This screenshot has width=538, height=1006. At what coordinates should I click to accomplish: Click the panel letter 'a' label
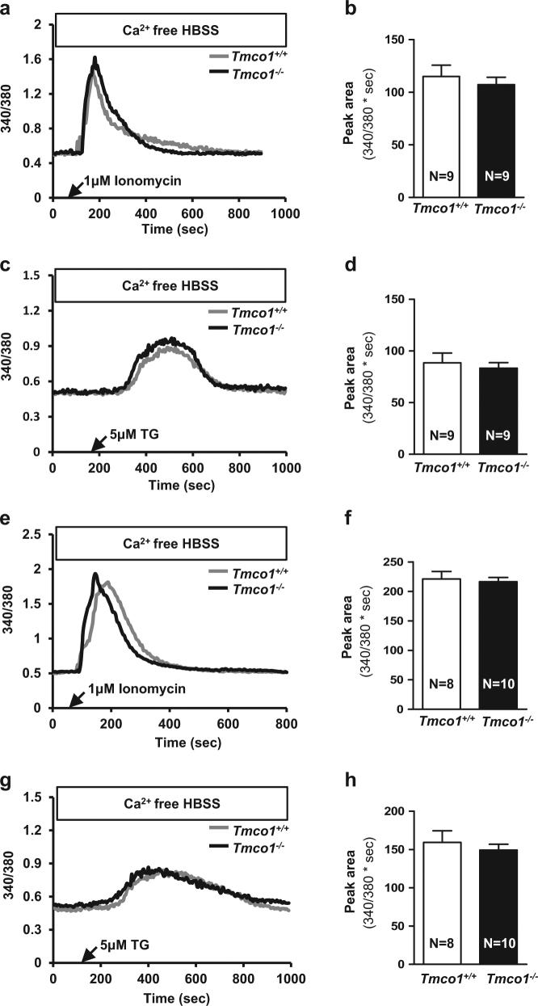click(x=6, y=10)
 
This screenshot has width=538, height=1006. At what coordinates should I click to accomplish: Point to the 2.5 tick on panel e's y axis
click(x=34, y=532)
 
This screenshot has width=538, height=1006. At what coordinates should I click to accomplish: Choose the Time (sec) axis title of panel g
click(x=170, y=999)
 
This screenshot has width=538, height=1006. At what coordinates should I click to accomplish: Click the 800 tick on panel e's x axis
click(x=287, y=721)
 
